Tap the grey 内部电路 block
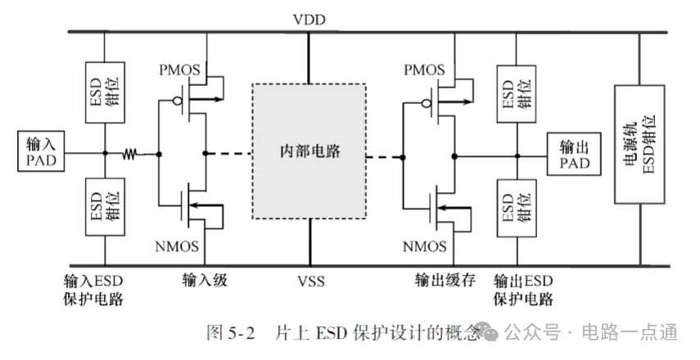click(x=309, y=151)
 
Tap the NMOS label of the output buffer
click(x=424, y=246)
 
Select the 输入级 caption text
click(x=204, y=281)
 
